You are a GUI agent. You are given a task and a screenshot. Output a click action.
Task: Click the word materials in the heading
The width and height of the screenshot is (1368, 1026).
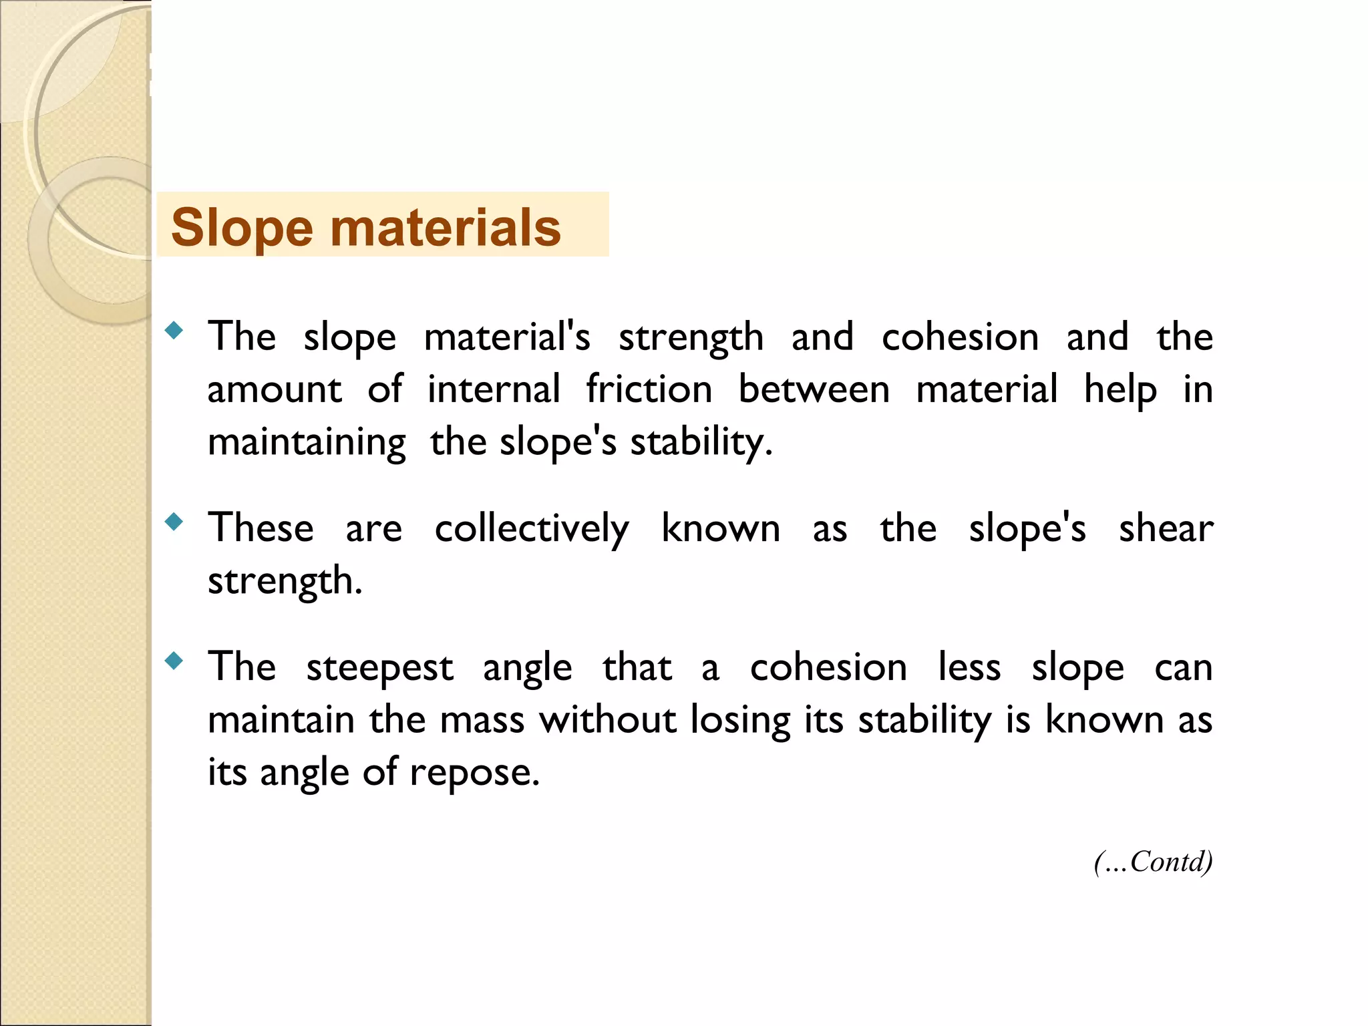(446, 228)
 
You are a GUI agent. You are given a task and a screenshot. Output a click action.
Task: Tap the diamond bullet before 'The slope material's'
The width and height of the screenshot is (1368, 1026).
(174, 330)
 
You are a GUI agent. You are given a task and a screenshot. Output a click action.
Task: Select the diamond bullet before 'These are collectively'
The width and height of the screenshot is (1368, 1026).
(174, 522)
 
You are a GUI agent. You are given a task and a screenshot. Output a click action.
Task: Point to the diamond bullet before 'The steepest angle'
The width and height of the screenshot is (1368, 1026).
(174, 661)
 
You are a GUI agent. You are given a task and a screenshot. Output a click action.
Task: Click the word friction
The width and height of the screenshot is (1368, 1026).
(649, 389)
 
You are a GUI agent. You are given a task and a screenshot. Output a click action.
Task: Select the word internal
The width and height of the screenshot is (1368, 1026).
(494, 389)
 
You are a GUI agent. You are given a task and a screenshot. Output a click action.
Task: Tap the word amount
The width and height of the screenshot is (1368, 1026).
(275, 389)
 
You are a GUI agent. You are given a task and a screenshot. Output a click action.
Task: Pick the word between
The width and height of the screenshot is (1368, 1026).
(814, 389)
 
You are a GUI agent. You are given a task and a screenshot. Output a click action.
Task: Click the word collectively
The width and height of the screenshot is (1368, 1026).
(532, 529)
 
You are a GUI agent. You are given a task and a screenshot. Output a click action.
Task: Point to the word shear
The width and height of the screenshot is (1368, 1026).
(1166, 528)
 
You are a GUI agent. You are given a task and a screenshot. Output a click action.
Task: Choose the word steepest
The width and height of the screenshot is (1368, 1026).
(379, 668)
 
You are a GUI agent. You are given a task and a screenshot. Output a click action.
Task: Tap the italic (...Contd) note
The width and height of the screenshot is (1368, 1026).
(1153, 862)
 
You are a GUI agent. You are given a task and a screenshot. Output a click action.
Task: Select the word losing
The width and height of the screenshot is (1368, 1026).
(741, 721)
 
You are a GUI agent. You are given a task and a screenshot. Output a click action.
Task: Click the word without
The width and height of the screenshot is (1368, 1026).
(608, 720)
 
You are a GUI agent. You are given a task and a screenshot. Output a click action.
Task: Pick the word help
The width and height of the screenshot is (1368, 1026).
(1120, 389)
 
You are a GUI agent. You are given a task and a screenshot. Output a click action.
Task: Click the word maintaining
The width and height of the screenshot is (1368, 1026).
(307, 442)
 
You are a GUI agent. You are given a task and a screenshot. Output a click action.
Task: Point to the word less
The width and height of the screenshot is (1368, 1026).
(969, 667)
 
